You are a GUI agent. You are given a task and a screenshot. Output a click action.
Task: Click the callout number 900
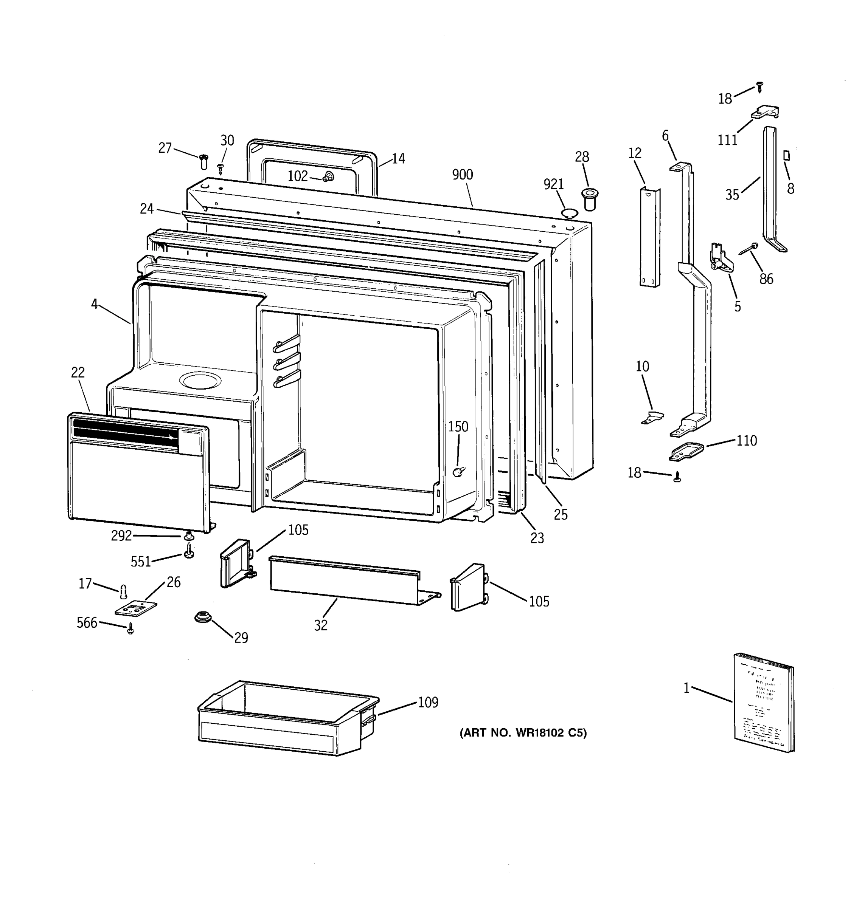click(462, 175)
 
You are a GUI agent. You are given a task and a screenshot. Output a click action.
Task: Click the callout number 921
click(553, 184)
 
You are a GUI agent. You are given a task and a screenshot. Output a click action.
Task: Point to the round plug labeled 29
click(201, 617)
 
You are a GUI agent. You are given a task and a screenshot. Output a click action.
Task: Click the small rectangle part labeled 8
click(787, 156)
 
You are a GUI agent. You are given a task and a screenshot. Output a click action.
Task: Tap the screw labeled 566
click(130, 630)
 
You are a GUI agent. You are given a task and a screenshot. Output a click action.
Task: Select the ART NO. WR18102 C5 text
click(523, 733)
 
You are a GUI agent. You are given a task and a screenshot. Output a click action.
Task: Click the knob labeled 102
click(327, 177)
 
